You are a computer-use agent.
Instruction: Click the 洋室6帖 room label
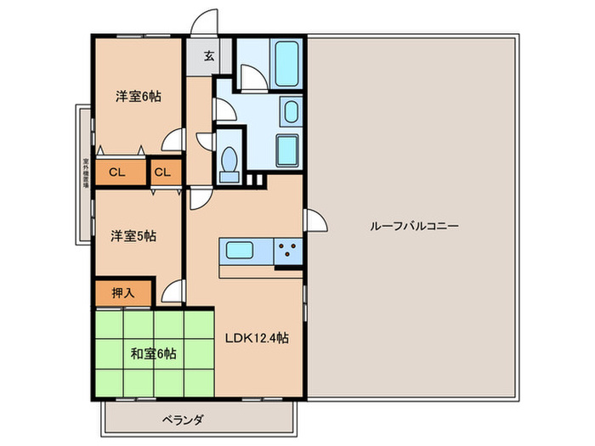click(x=138, y=97)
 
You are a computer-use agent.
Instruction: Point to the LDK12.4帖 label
click(x=257, y=338)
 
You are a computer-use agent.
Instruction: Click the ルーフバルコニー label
click(x=414, y=227)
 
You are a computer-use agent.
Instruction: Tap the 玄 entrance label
click(x=208, y=59)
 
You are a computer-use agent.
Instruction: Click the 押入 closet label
click(x=123, y=293)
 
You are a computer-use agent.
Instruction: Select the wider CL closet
click(x=117, y=172)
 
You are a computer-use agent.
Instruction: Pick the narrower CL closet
click(x=164, y=172)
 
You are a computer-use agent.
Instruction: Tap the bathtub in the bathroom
click(x=280, y=61)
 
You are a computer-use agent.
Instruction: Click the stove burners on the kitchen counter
click(x=289, y=251)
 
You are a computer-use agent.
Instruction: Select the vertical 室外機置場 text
click(x=86, y=173)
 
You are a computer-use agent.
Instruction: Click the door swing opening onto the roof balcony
click(x=315, y=222)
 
